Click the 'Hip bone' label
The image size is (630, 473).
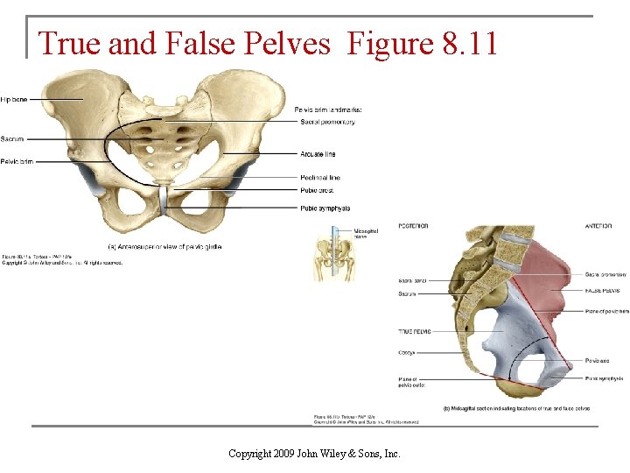click(x=14, y=100)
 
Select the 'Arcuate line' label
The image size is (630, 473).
click(x=318, y=154)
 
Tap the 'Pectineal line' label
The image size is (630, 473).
click(x=320, y=178)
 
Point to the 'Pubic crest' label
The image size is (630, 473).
click(x=317, y=190)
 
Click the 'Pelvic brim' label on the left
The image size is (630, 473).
click(x=17, y=161)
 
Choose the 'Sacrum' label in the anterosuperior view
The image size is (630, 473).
click(x=12, y=138)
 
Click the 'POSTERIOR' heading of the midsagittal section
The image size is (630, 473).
click(x=413, y=226)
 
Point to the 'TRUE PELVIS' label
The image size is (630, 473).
click(x=416, y=331)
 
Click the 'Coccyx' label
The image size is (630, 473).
click(x=407, y=354)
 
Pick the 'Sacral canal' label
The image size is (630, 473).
click(x=412, y=281)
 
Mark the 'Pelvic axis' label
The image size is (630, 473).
click(x=599, y=359)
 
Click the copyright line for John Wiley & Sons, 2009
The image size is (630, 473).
click(x=314, y=453)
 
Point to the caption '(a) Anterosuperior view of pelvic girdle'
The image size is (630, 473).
click(x=164, y=247)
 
